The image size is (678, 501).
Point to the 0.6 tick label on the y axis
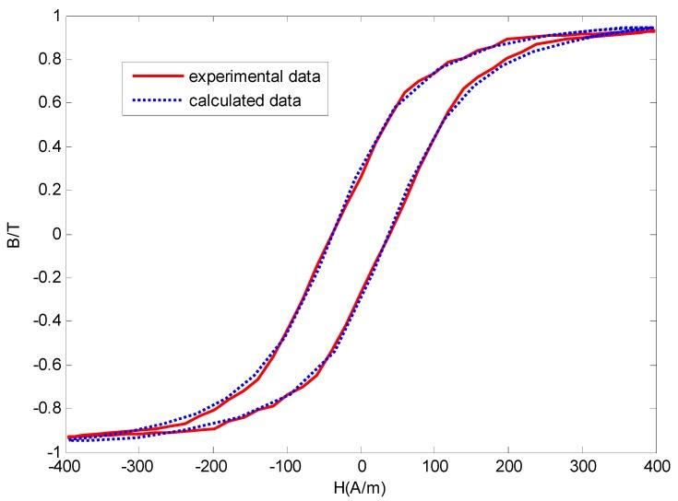(x=50, y=103)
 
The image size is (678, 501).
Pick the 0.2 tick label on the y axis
(x=50, y=191)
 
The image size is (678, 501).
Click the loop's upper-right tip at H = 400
(x=655, y=29)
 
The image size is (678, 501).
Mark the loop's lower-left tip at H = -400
(x=68, y=438)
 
